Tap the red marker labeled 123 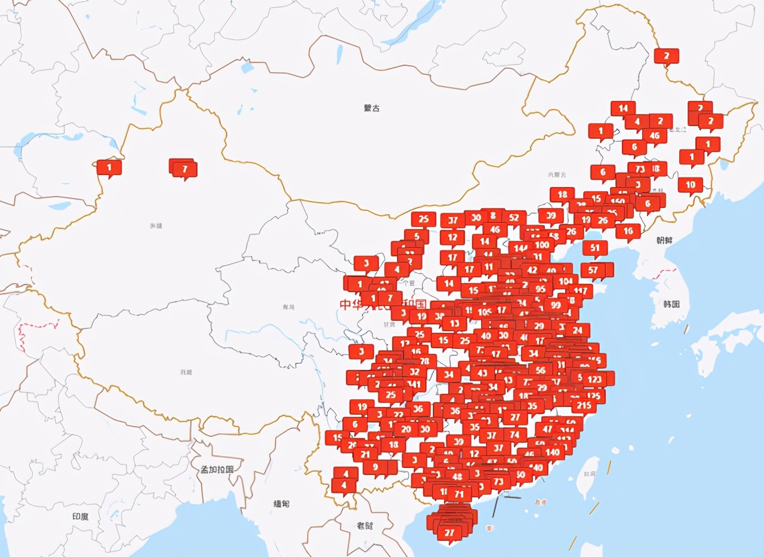pos(594,379)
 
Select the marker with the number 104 pos(565,281)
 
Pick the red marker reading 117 pos(579,292)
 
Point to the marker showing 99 pos(556,305)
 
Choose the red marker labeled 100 pos(542,244)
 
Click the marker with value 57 pos(593,270)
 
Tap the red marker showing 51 pos(595,248)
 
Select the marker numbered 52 pos(514,218)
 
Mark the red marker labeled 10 pos(691,185)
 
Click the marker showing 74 pos(515,434)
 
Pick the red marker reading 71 pos(459,494)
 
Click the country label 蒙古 pos(371,108)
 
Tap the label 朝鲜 pos(664,240)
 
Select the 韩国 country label pos(671,304)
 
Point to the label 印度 pos(80,516)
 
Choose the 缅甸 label pos(281,504)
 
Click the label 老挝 pos(365,526)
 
